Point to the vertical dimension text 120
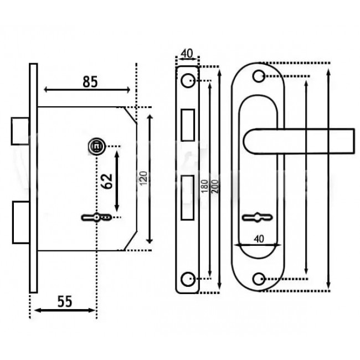[x=142, y=179]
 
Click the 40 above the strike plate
[x=187, y=54]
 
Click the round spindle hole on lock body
[x=96, y=146]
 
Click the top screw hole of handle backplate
[x=259, y=76]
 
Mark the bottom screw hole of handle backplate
[x=259, y=277]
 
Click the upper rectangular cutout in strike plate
[x=187, y=122]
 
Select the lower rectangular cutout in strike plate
[x=187, y=195]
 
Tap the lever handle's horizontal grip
[x=310, y=140]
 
